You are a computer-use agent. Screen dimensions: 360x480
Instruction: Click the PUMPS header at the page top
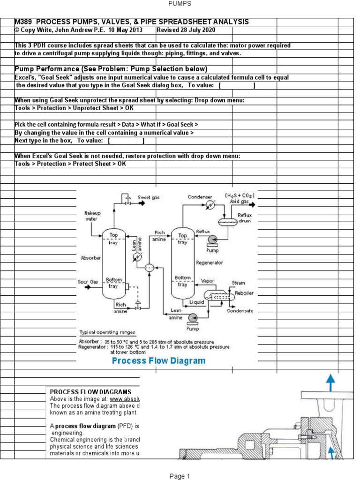180,4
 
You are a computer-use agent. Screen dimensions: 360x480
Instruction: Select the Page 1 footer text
180,476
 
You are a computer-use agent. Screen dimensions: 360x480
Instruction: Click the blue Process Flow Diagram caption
158,360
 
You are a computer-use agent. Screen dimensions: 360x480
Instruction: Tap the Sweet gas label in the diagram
149,198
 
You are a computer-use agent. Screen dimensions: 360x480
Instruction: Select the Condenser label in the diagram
200,197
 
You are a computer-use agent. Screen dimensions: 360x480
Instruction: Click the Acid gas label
239,202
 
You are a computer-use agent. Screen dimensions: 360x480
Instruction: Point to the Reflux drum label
245,218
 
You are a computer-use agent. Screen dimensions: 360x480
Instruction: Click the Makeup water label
92,216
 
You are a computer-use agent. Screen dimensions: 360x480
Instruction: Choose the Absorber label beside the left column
91,258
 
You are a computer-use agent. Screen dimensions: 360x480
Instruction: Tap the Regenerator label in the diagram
210,263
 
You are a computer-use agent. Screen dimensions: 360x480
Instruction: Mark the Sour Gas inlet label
88,282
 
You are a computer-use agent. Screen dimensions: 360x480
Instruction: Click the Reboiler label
244,292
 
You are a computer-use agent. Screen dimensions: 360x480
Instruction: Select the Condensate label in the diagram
240,311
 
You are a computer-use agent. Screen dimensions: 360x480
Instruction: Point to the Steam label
238,283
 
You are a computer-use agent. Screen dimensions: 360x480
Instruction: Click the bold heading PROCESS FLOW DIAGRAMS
90,392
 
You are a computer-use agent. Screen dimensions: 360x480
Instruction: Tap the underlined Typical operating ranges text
107,332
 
